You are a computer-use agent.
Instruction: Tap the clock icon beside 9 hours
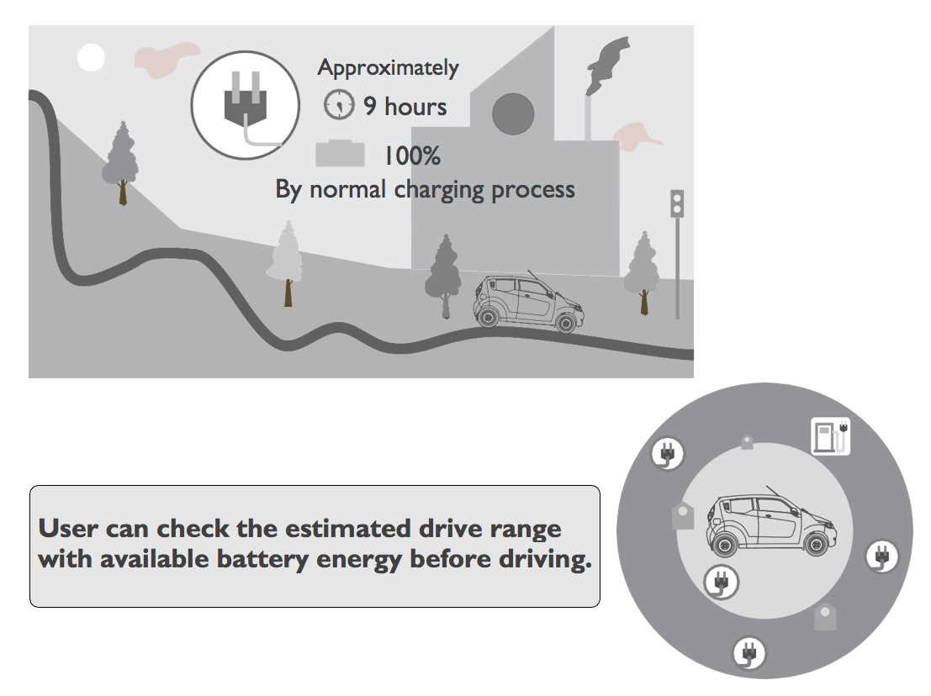(338, 105)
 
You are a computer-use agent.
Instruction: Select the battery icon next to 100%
(340, 154)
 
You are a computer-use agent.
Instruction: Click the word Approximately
(388, 68)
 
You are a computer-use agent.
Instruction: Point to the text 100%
(412, 156)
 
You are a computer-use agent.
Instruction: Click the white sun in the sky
(91, 57)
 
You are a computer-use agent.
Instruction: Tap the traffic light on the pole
(676, 203)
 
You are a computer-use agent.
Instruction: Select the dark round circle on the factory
(512, 113)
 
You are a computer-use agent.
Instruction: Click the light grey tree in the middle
(287, 261)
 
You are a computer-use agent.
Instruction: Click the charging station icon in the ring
(830, 435)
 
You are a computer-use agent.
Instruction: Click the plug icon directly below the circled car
(720, 580)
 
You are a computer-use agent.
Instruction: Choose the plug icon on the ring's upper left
(668, 454)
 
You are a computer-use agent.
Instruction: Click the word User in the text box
(69, 530)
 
